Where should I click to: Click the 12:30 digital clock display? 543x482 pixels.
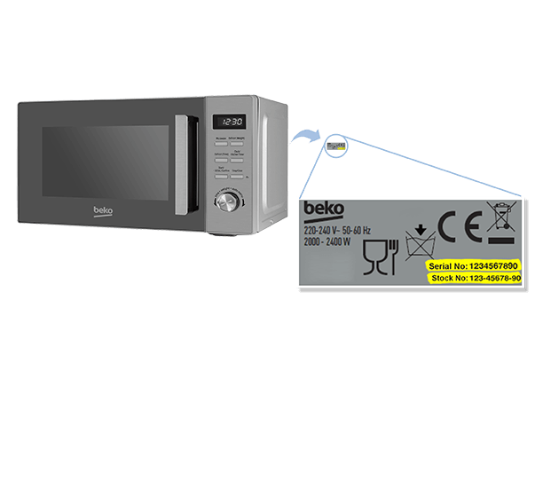pos(232,122)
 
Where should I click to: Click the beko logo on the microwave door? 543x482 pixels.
pos(103,211)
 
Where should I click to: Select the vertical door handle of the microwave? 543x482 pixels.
pos(184,163)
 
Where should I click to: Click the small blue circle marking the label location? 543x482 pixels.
pos(335,144)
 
